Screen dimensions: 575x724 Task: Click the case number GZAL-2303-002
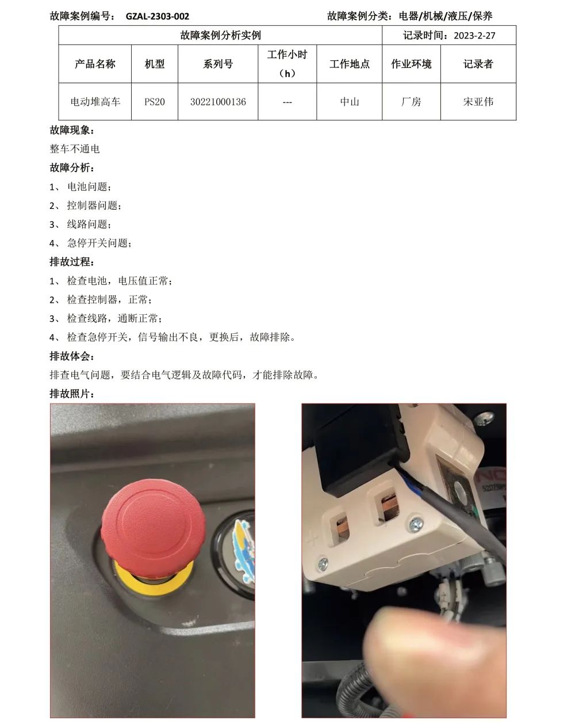[x=158, y=16]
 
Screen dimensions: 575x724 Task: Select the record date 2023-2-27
[x=474, y=35]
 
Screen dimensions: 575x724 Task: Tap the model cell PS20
[x=154, y=102]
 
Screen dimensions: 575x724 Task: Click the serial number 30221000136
[x=218, y=102]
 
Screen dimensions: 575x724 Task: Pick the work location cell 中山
[x=350, y=102]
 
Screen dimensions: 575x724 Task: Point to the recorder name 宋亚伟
[x=478, y=102]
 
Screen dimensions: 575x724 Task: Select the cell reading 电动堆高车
[x=95, y=102]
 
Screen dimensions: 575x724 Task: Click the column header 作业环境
[x=411, y=64]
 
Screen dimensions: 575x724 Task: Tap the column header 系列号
[x=218, y=64]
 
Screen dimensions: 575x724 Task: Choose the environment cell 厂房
[x=411, y=102]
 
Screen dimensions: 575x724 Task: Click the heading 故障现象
[x=72, y=130]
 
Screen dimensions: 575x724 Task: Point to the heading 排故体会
[x=72, y=356]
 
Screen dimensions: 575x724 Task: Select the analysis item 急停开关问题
[x=99, y=243]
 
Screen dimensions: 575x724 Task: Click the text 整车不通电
[x=75, y=148]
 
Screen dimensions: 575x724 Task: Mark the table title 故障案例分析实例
[x=220, y=35]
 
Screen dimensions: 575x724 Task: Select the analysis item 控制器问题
[x=94, y=205]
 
